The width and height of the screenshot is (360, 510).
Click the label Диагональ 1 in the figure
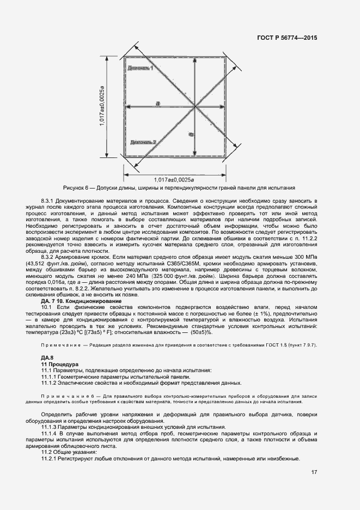(x=141, y=68)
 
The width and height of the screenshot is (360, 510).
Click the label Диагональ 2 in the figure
(x=143, y=142)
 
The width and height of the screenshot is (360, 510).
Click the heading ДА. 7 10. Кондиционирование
(x=82, y=301)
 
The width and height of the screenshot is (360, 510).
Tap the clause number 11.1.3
(x=51, y=427)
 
